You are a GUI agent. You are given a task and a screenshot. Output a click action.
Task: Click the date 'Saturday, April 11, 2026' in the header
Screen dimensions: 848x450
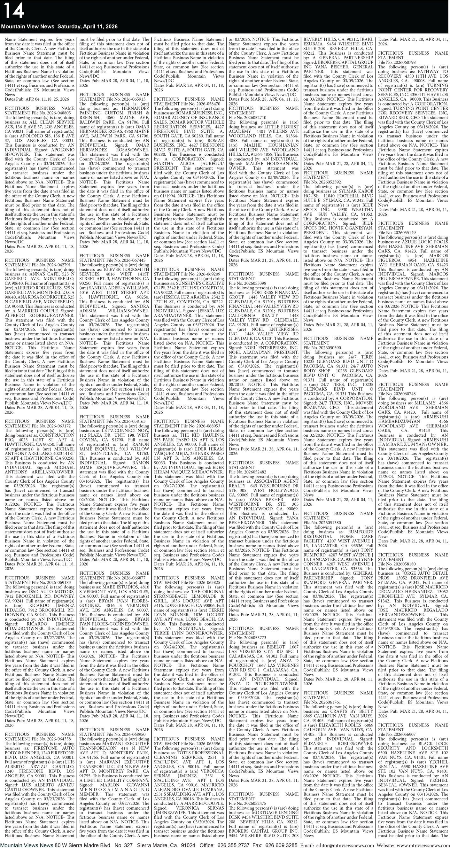(x=88, y=26)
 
